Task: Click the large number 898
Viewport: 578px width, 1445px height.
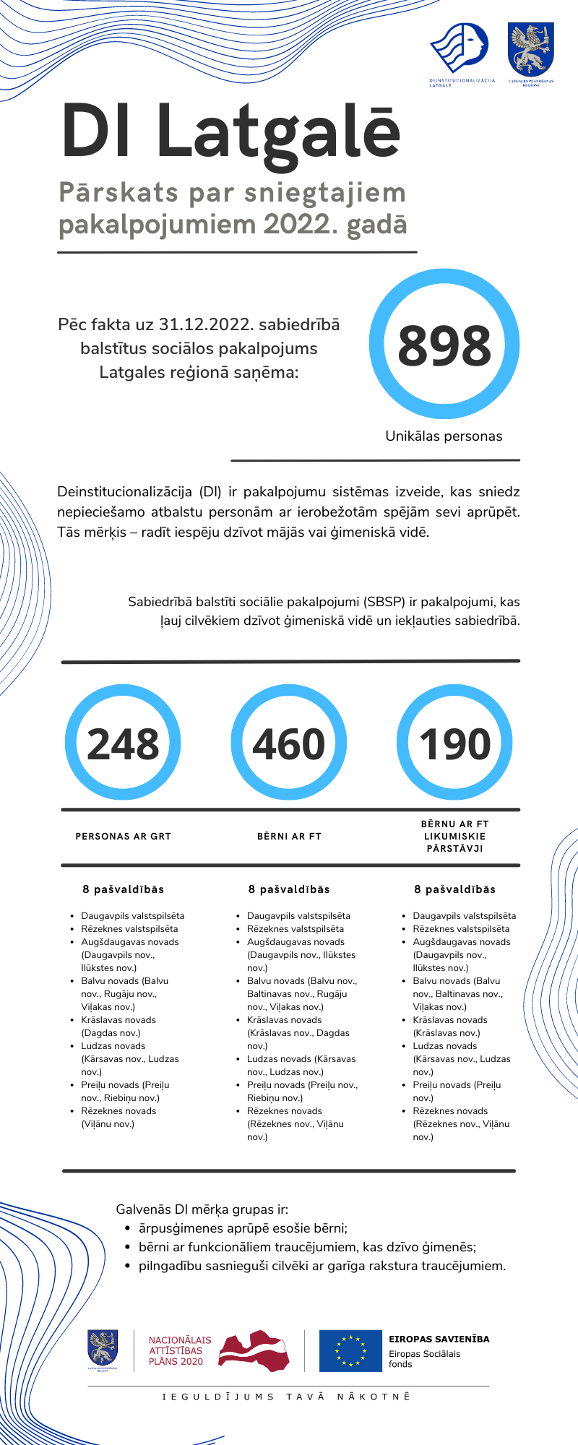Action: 444,345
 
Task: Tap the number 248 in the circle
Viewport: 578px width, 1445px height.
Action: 123,744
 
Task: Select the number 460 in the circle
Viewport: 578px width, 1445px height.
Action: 289,744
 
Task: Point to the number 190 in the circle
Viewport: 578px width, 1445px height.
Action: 454,744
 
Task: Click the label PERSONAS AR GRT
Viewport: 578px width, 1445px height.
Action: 124,837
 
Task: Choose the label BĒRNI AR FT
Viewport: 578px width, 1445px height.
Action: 289,837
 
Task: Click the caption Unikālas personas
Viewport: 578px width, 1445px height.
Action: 444,436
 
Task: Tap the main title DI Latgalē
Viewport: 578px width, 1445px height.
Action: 231,131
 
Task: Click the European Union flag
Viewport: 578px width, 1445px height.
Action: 350,1350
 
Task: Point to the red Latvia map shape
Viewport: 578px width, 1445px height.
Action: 254,1351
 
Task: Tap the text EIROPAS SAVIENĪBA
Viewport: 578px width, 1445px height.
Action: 439,1339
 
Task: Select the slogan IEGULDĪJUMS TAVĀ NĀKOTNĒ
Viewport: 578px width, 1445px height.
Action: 287,1397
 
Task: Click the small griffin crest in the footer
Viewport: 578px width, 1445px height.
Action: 103,1348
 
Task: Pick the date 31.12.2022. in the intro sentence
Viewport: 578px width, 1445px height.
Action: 206,325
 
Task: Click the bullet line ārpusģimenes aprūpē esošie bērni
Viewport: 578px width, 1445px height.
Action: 243,1228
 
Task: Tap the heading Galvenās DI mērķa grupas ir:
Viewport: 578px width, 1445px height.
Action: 202,1209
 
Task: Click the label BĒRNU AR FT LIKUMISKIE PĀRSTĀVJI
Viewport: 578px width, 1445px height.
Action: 454,836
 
